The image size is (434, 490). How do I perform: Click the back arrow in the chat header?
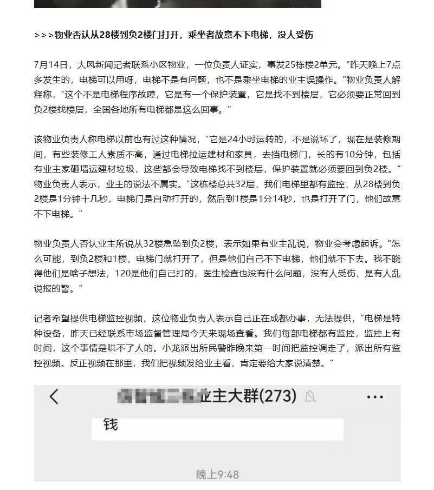(x=54, y=397)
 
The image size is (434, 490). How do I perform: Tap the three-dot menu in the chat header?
(x=374, y=397)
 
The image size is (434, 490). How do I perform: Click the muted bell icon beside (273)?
(x=310, y=397)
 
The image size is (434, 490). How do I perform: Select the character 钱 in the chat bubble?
(x=111, y=425)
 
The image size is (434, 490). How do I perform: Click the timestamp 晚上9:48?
(x=217, y=474)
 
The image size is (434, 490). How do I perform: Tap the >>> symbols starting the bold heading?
(x=43, y=35)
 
